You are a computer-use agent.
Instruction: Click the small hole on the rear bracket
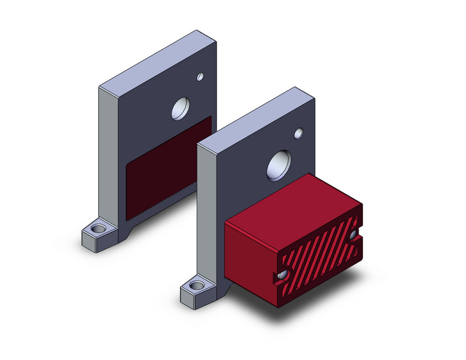(x=200, y=77)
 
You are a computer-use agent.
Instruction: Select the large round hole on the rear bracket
(x=181, y=109)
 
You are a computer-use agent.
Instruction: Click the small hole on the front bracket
(x=298, y=133)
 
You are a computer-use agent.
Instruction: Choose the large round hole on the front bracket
(x=279, y=165)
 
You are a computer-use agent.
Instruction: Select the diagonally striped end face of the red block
(x=319, y=262)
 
